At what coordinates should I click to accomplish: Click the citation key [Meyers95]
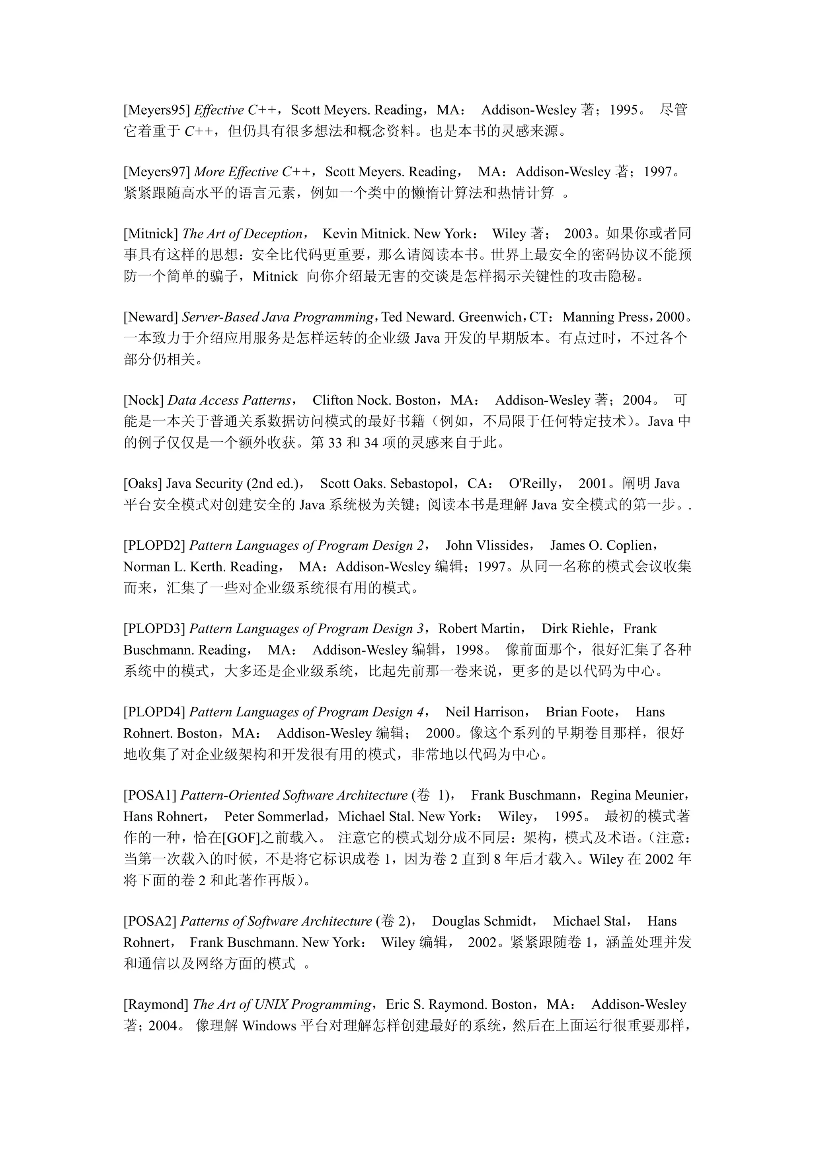[156, 110]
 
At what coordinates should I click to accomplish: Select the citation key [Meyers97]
[156, 172]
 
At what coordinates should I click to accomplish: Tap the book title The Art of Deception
[242, 234]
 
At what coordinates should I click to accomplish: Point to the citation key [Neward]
[151, 317]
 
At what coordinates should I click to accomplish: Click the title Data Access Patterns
[229, 400]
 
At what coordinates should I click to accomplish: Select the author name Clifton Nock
[352, 400]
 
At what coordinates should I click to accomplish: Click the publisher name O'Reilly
[533, 484]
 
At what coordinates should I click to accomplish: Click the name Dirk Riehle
[575, 629]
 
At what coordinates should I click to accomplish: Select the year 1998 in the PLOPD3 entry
[469, 650]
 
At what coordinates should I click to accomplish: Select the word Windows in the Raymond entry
[269, 1026]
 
